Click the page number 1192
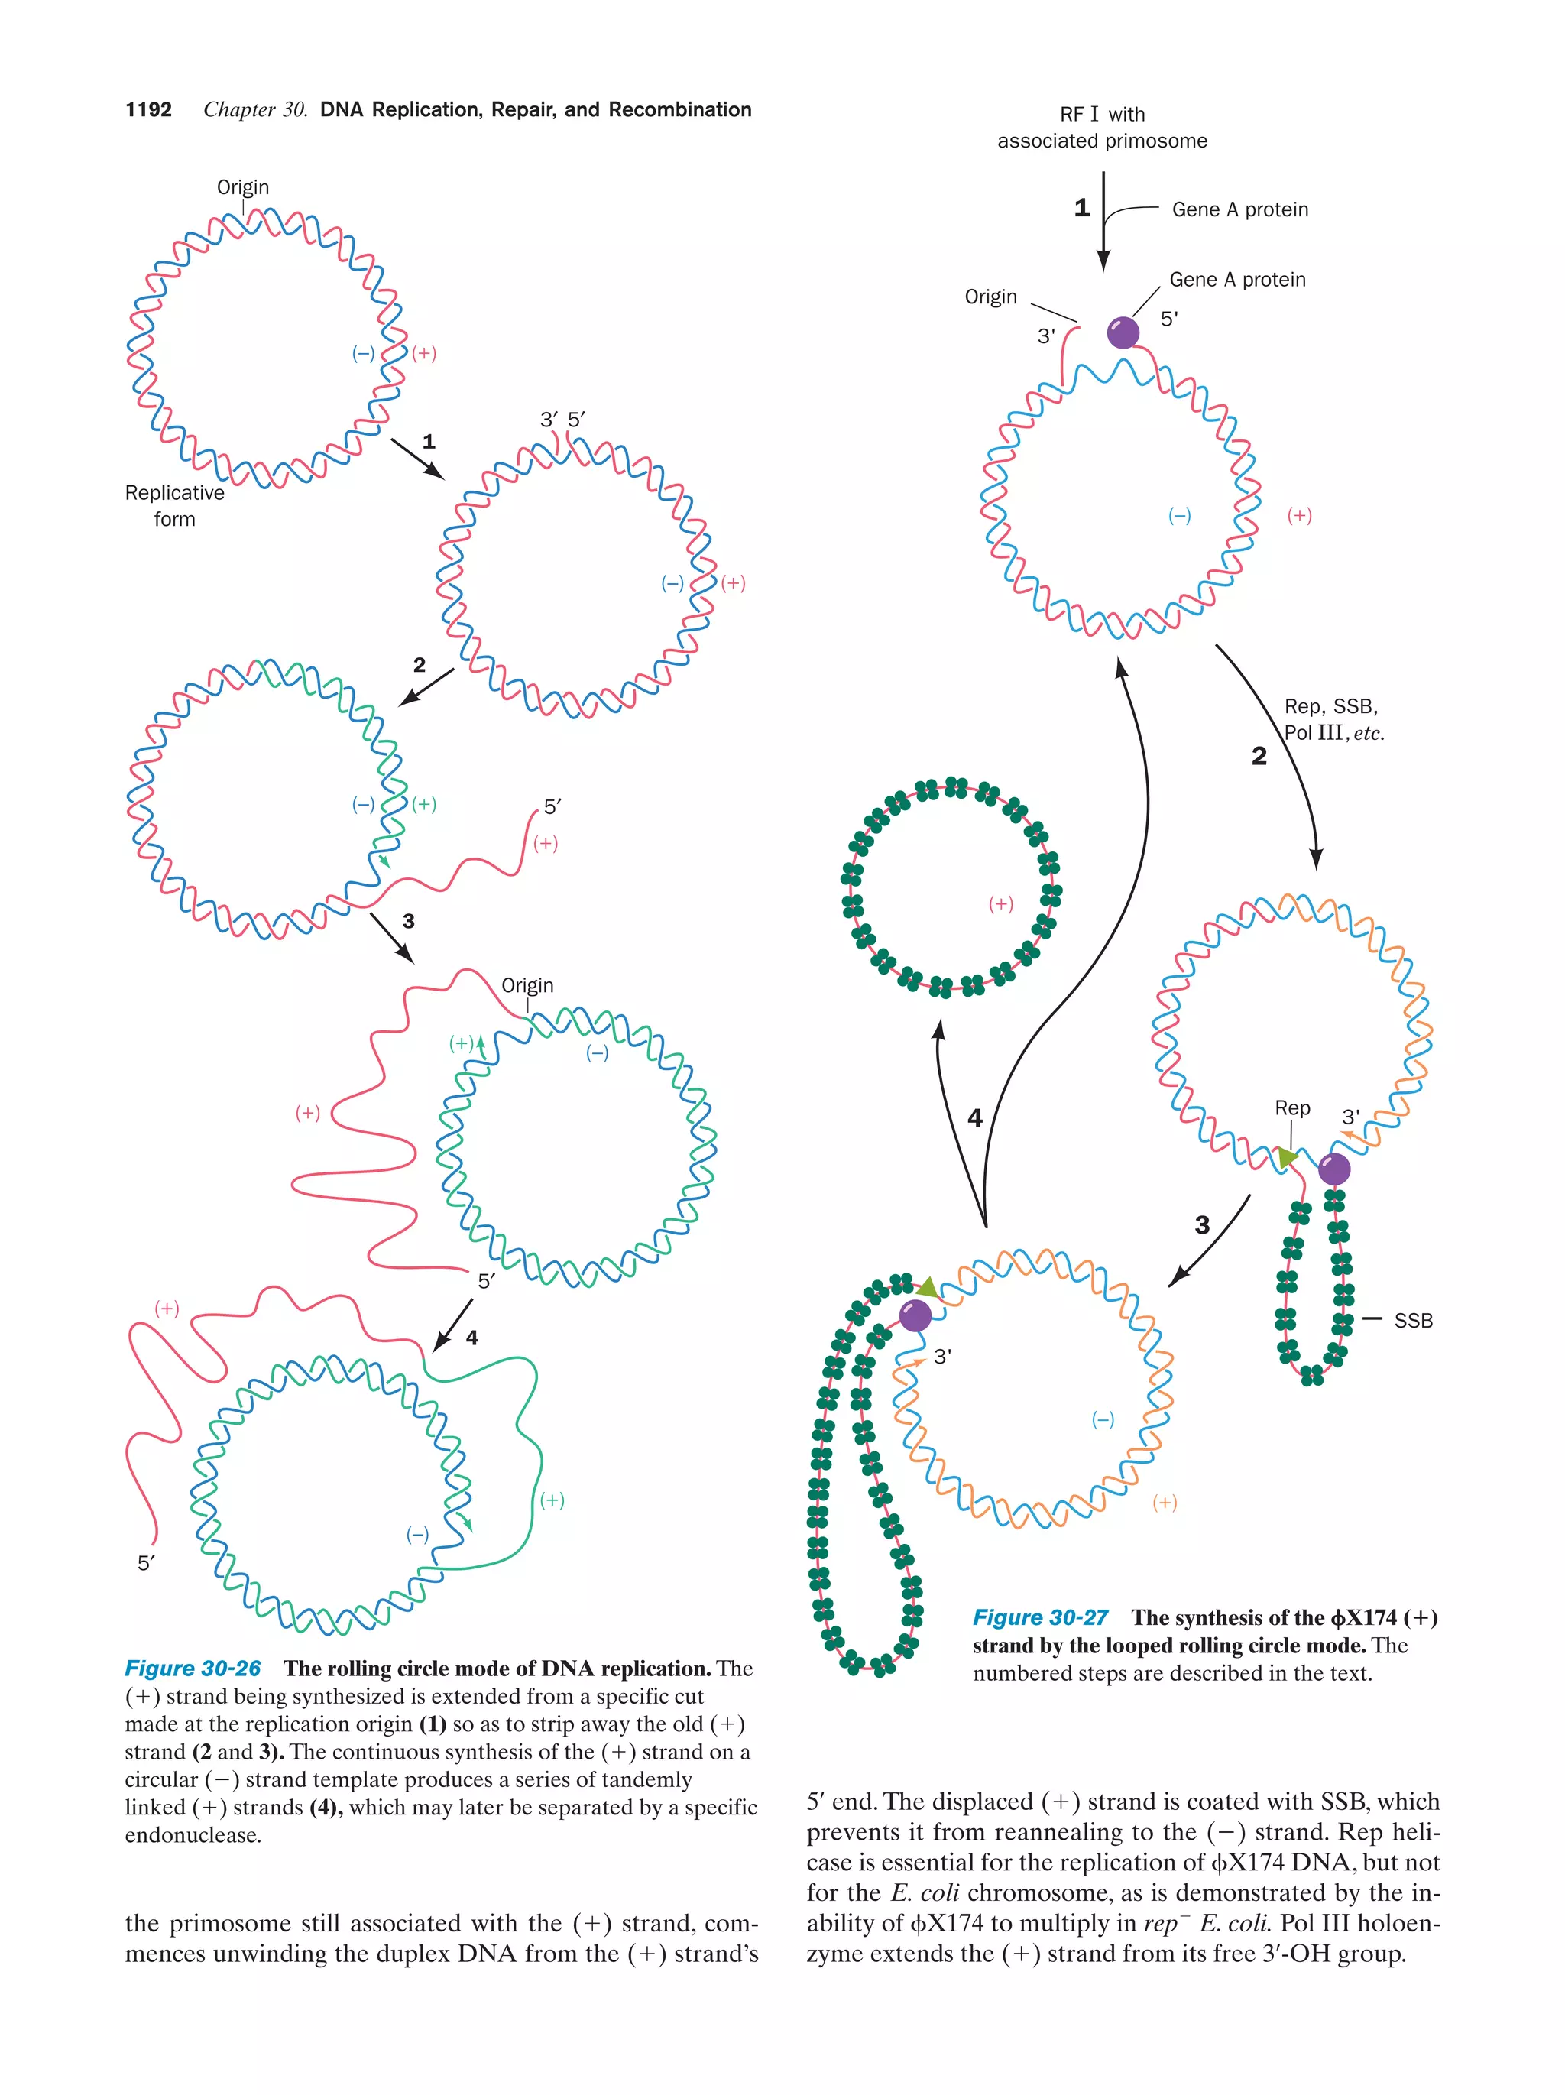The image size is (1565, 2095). point(149,110)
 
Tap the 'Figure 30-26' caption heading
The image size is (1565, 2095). point(193,1669)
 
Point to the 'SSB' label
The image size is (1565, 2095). point(1413,1320)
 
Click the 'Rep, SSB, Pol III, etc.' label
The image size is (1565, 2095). point(1333,720)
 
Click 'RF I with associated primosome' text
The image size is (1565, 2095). point(1102,128)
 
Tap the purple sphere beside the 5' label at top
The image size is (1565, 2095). point(1123,332)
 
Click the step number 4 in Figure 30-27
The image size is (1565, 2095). point(975,1118)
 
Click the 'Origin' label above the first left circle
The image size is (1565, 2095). point(243,187)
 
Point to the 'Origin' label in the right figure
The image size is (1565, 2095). point(990,297)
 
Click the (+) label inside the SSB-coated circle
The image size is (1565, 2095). point(1001,903)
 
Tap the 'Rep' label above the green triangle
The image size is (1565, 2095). point(1292,1108)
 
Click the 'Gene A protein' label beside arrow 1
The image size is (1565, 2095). point(1240,209)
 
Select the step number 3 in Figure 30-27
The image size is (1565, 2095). point(1202,1225)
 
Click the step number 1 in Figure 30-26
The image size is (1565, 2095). point(429,441)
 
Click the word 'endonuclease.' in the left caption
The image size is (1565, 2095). point(193,1835)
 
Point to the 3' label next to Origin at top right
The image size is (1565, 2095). point(1046,336)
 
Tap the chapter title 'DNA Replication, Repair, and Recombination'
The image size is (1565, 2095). point(536,110)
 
